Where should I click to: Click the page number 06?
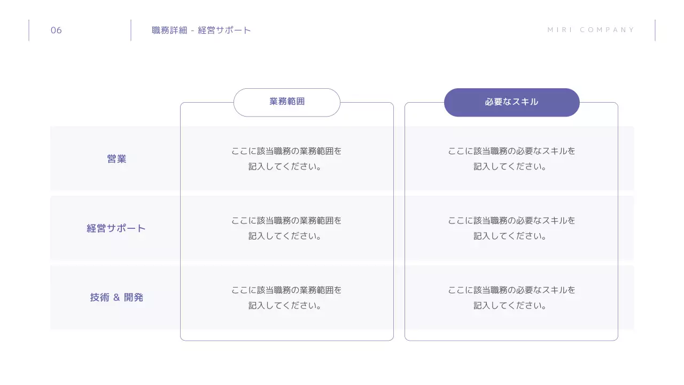tap(56, 30)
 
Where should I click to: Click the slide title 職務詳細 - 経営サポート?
tap(201, 30)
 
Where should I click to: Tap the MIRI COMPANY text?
tap(591, 30)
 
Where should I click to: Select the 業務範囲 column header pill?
tap(287, 102)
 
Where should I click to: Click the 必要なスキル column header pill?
tap(511, 102)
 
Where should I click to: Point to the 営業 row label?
tap(116, 159)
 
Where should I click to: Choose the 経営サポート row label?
tap(116, 228)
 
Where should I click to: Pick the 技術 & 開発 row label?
tap(116, 298)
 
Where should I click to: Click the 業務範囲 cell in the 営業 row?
tap(286, 159)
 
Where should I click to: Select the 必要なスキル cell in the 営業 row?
tap(511, 159)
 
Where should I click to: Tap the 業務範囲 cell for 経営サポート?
tap(286, 228)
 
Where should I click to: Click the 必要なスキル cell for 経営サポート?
tap(511, 228)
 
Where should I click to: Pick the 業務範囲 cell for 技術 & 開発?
tap(286, 298)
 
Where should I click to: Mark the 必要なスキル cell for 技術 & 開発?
tap(511, 298)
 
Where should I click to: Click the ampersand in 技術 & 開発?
tap(116, 298)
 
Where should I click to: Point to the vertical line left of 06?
tap(29, 30)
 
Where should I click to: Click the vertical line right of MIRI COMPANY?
tap(655, 30)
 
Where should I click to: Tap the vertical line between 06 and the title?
tap(131, 30)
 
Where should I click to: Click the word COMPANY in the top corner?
tap(607, 30)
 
